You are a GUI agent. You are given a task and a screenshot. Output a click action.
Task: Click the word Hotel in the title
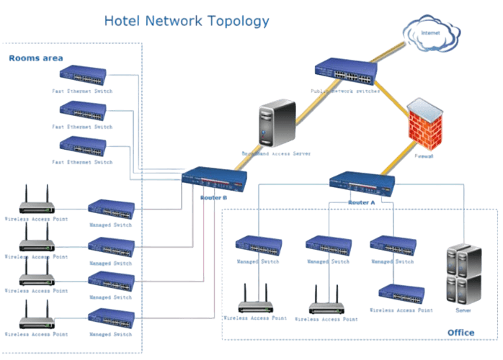pyautogui.click(x=121, y=21)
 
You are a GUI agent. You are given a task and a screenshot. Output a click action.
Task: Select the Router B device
pyautogui.click(x=215, y=179)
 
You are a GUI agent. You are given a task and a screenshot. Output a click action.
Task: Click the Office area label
pyautogui.click(x=461, y=333)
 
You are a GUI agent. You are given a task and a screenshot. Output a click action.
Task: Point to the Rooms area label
pyautogui.click(x=35, y=58)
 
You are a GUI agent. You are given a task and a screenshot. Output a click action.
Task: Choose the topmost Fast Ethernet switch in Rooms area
pyautogui.click(x=84, y=74)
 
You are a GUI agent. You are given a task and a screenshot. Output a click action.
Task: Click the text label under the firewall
pyautogui.click(x=424, y=154)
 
